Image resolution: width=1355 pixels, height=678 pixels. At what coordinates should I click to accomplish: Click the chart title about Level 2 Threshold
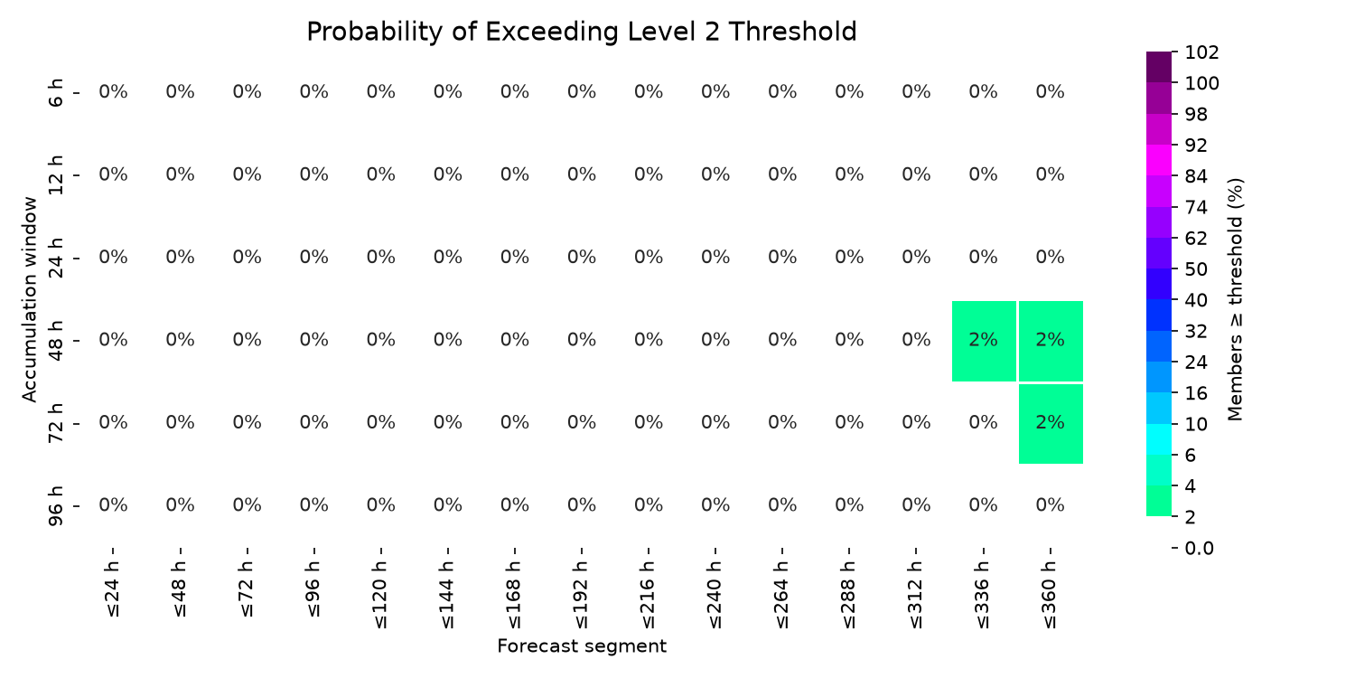[x=582, y=32]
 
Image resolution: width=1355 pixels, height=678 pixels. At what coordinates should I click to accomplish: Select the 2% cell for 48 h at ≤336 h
[x=984, y=341]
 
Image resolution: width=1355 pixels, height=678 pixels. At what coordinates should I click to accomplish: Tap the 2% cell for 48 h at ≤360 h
[x=1051, y=341]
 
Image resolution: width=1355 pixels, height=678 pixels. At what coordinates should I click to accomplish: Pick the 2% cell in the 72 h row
[x=1051, y=424]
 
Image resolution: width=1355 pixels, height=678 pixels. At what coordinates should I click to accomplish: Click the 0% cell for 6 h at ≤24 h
[x=113, y=92]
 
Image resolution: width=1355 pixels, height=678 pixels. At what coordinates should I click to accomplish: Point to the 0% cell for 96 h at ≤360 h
[x=1050, y=504]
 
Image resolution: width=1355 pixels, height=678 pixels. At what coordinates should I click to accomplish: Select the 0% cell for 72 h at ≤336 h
[x=984, y=422]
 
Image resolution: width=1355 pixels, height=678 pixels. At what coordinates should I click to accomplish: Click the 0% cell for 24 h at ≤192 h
[x=582, y=258]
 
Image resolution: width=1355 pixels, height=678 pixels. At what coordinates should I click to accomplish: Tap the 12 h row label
[x=56, y=175]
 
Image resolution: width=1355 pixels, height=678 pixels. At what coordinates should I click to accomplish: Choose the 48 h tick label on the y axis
[x=56, y=340]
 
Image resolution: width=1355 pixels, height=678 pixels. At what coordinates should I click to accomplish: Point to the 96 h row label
[x=56, y=505]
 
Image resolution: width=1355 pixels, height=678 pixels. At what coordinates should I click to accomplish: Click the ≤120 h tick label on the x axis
[x=381, y=595]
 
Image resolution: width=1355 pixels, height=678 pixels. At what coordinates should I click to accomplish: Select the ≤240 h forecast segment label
[x=715, y=595]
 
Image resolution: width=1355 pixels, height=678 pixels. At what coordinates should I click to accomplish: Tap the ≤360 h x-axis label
[x=1050, y=595]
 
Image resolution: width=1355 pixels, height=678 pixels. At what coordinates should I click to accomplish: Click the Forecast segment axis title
[x=582, y=646]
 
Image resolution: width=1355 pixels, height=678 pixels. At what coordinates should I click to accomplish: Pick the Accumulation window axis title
[x=29, y=299]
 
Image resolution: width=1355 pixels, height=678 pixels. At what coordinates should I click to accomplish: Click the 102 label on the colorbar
[x=1202, y=52]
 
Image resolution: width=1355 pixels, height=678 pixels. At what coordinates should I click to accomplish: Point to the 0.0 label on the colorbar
[x=1199, y=549]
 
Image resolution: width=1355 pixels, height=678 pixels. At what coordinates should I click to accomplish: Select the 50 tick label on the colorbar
[x=1196, y=269]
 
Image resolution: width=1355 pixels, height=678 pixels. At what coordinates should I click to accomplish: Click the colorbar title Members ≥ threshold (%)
[x=1235, y=299]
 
